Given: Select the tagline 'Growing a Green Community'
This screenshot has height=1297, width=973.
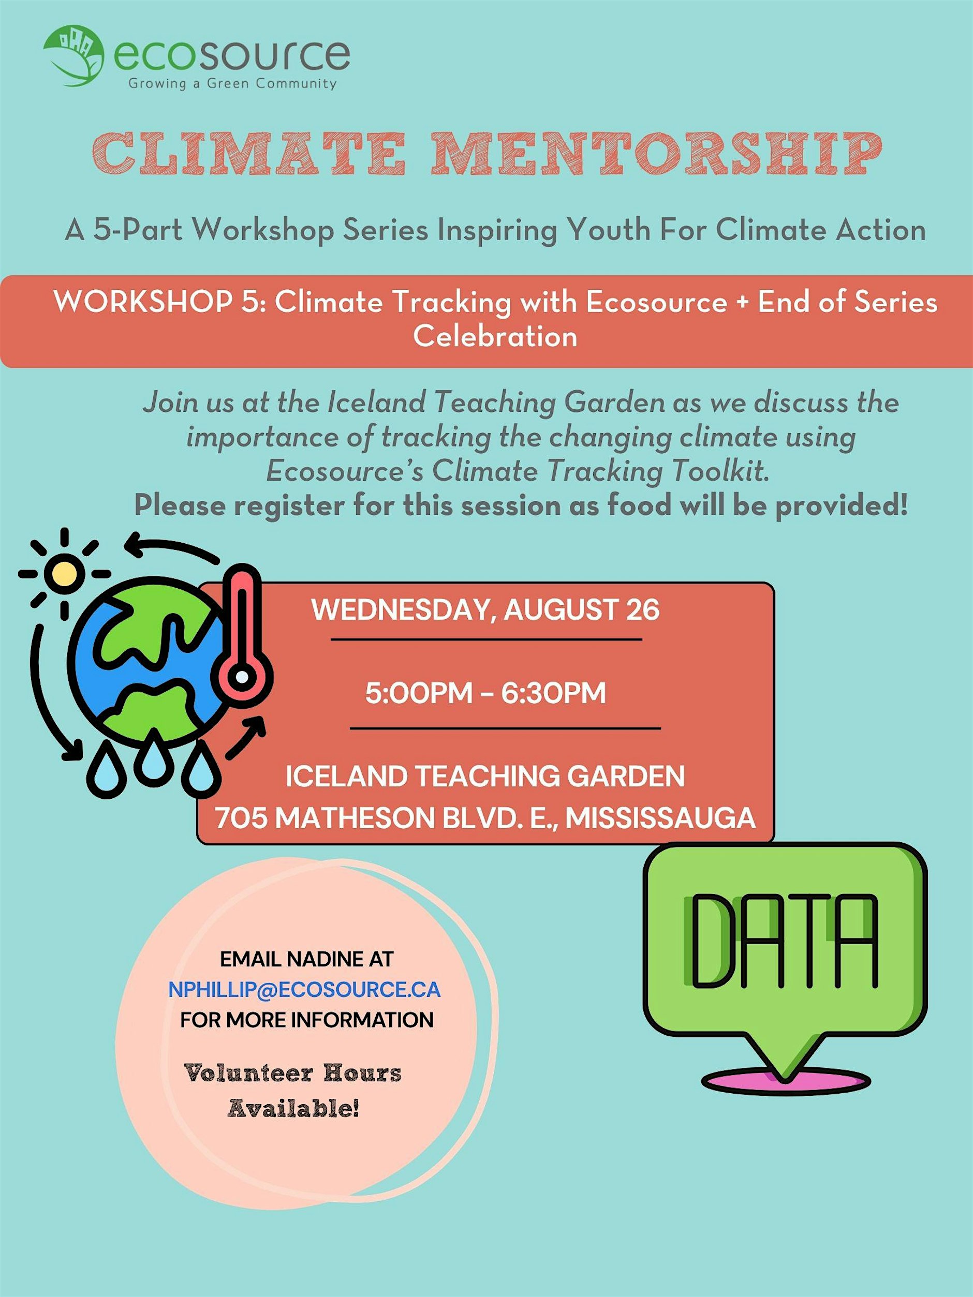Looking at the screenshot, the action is [x=232, y=83].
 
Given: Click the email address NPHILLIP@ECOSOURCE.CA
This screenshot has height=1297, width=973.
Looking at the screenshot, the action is [x=304, y=989].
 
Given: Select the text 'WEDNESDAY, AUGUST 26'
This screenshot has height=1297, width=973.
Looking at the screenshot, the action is [x=485, y=610].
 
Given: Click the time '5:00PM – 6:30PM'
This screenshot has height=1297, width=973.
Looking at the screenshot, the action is [x=485, y=693].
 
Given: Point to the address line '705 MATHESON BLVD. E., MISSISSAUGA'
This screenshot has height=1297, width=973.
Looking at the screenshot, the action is [x=485, y=818].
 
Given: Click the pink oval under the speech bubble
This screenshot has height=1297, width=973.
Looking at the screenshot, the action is [x=786, y=1080].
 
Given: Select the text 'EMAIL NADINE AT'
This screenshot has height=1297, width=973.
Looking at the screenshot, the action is [x=306, y=959].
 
